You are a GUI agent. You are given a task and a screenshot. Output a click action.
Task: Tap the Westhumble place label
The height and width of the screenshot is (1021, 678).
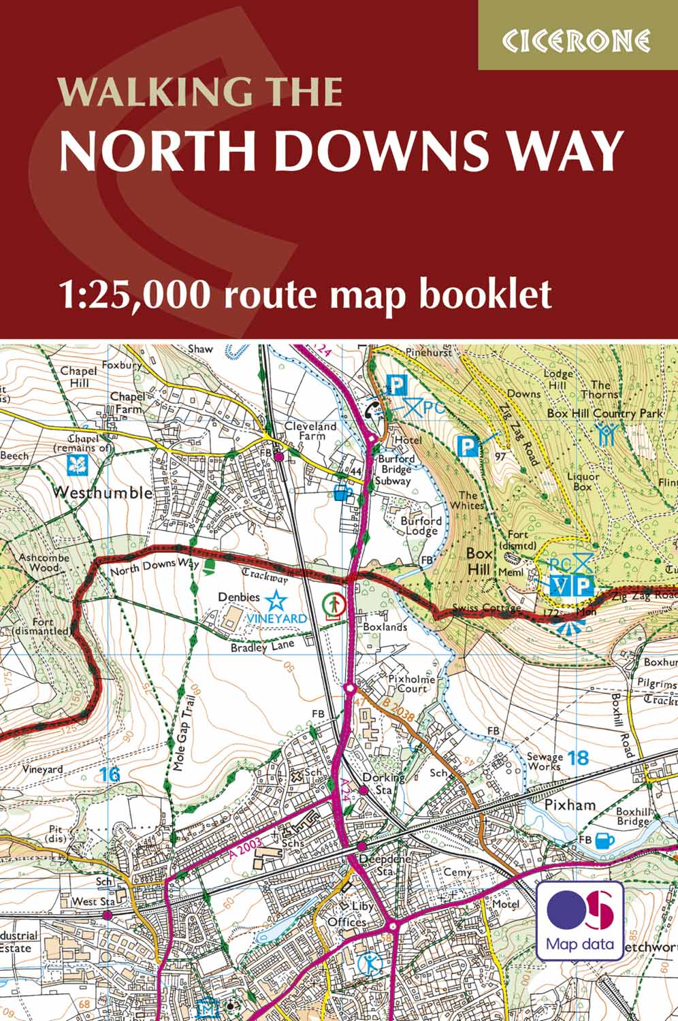[102, 492]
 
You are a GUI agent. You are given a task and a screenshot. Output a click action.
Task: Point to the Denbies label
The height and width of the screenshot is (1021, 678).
[239, 597]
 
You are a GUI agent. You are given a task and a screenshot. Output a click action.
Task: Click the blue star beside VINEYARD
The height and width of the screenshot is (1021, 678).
[276, 600]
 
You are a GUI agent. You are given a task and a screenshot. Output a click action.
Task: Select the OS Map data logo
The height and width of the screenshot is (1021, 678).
[580, 920]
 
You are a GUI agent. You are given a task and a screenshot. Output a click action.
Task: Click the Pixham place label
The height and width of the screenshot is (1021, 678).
[570, 805]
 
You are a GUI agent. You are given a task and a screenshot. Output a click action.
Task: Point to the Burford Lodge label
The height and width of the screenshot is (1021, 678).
[421, 525]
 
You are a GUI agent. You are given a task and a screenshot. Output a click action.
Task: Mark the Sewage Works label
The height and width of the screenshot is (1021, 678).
[545, 761]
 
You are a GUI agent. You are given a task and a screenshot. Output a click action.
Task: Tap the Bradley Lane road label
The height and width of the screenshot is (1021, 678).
[261, 647]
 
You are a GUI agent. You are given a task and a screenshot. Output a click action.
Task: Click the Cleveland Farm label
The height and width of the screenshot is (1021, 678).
[310, 430]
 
